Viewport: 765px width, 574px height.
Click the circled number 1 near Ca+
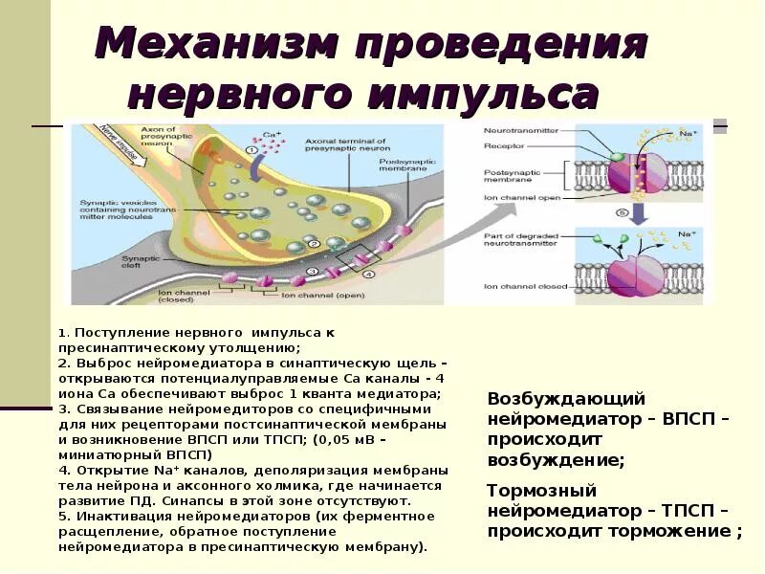(251, 150)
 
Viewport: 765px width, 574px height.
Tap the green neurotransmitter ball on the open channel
(618, 156)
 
